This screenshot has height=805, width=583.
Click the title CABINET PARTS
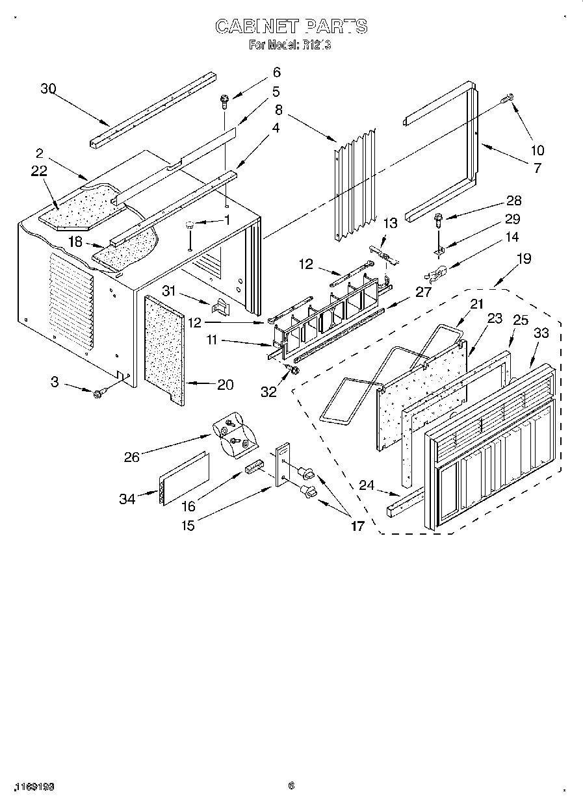pos(291,26)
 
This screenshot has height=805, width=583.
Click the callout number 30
pos(49,89)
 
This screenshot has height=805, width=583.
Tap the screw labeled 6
pos(224,99)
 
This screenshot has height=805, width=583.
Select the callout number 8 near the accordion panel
pos(278,109)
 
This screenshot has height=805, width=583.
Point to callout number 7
pos(536,168)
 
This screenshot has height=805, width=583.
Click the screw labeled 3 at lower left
pos(99,393)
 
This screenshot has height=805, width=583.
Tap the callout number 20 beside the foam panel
pos(225,385)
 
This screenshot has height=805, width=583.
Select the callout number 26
pos(131,457)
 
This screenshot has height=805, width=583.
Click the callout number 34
pos(127,499)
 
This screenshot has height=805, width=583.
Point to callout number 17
pos(357,526)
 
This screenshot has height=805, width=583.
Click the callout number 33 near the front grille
pos(541,333)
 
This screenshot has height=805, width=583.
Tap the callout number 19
pos(523,259)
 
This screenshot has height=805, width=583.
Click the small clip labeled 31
pos(222,303)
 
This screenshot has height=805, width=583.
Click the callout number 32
pos(268,391)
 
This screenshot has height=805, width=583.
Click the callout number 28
pos(513,201)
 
